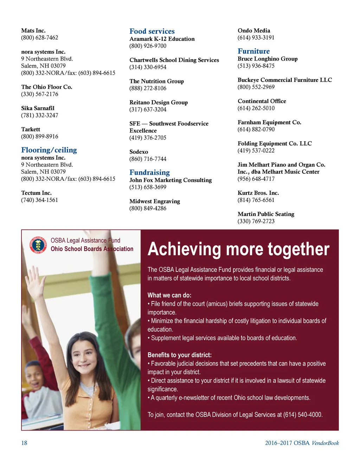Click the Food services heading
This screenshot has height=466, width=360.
click(x=152, y=31)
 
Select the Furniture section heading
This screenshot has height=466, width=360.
click(x=253, y=51)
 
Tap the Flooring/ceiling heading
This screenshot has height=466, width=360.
click(x=49, y=150)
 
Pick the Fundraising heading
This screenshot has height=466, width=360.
click(x=149, y=173)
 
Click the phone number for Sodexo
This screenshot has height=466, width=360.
click(x=148, y=159)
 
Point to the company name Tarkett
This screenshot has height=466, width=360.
click(x=31, y=129)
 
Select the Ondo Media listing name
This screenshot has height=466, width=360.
click(x=254, y=31)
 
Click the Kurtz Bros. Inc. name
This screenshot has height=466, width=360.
click(x=258, y=193)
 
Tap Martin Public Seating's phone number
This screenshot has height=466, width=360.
click(x=256, y=221)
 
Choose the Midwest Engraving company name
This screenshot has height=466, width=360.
click(x=155, y=202)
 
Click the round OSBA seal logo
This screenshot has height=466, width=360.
click(x=38, y=245)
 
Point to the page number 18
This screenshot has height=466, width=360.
click(x=24, y=443)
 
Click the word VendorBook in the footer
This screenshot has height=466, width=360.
click(x=325, y=443)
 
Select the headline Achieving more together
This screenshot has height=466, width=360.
click(x=238, y=249)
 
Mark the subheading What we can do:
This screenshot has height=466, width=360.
click(x=169, y=295)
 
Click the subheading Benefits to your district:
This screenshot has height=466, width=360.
click(x=179, y=355)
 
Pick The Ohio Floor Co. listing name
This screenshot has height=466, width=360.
click(x=46, y=87)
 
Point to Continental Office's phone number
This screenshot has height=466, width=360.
click(x=256, y=108)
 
